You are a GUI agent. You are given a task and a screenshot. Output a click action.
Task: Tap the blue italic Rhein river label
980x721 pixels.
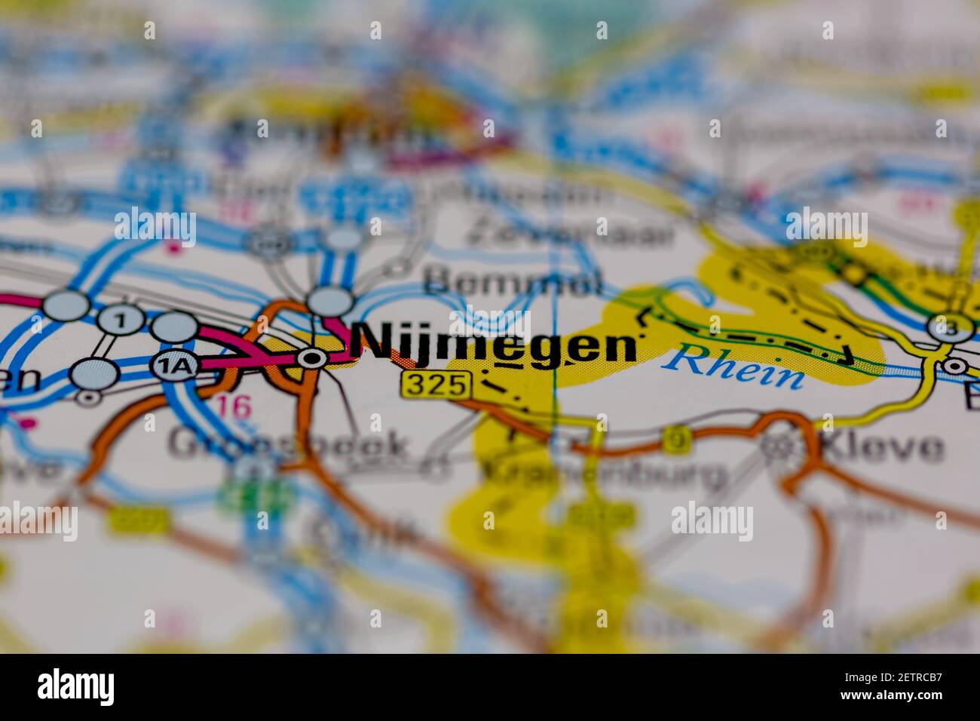(x=734, y=367)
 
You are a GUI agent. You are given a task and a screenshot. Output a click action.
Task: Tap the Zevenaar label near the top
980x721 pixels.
(x=569, y=233)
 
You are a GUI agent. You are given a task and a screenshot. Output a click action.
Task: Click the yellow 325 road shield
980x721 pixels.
(x=436, y=385)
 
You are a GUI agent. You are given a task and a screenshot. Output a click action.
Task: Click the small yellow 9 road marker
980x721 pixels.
(x=676, y=441)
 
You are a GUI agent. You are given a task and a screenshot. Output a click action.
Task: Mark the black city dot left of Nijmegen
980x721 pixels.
(x=310, y=359)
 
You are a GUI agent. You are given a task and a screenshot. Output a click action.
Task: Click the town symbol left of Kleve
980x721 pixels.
(x=773, y=446)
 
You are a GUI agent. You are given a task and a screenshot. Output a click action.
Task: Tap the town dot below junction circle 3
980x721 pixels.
(x=954, y=367)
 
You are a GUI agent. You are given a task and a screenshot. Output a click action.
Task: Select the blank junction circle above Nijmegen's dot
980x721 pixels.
(x=330, y=302)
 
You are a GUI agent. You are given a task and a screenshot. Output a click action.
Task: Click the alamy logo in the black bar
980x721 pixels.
(x=76, y=687)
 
